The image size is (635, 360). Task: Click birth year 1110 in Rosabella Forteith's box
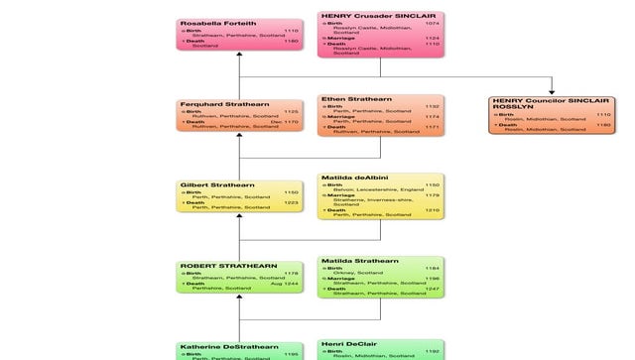pos(291,31)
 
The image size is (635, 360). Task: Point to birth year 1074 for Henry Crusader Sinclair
pos(432,23)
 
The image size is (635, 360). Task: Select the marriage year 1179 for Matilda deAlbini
pos(432,195)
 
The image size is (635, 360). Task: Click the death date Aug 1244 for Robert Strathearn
pos(286,283)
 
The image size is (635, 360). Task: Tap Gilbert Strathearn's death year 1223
pos(291,202)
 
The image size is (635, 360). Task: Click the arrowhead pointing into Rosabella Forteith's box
pos(239,58)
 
